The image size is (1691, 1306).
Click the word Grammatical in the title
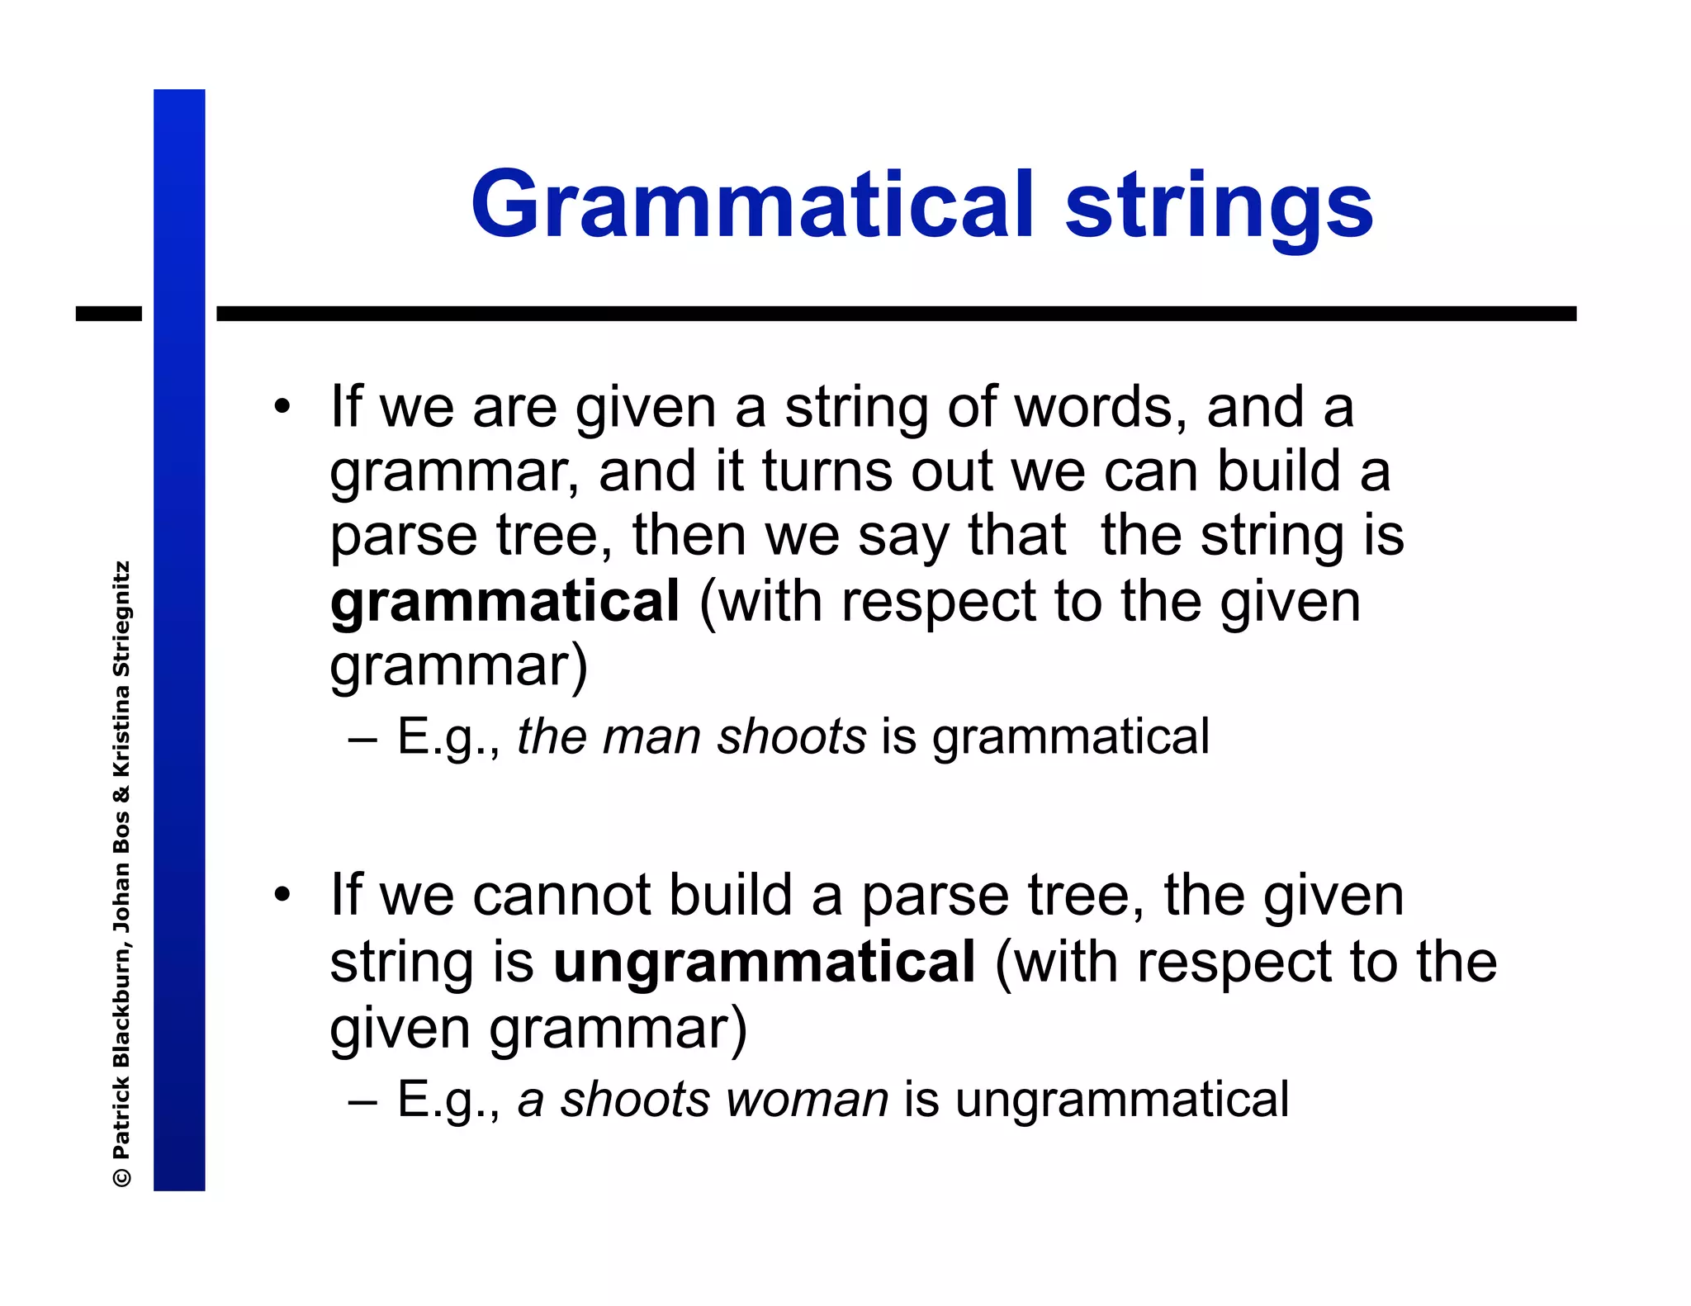[x=751, y=206]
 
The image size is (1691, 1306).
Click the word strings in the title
[x=1219, y=206]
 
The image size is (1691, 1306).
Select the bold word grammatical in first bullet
[x=504, y=602]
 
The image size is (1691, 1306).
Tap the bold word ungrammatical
[x=764, y=963]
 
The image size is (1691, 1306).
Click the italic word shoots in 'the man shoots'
[x=791, y=736]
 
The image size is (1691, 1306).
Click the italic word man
[x=651, y=736]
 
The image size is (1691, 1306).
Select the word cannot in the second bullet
[x=562, y=896]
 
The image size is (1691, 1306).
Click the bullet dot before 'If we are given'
[x=283, y=407]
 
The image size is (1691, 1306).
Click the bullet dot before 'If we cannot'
[x=283, y=895]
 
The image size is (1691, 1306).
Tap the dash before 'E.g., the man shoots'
[x=362, y=737]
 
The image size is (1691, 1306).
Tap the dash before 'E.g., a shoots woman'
[x=362, y=1100]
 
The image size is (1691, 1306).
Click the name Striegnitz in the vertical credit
[x=121, y=620]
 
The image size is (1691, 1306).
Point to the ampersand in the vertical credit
[x=121, y=794]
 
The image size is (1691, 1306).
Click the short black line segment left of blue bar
[x=108, y=314]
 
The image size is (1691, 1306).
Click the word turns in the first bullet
[x=827, y=472]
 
